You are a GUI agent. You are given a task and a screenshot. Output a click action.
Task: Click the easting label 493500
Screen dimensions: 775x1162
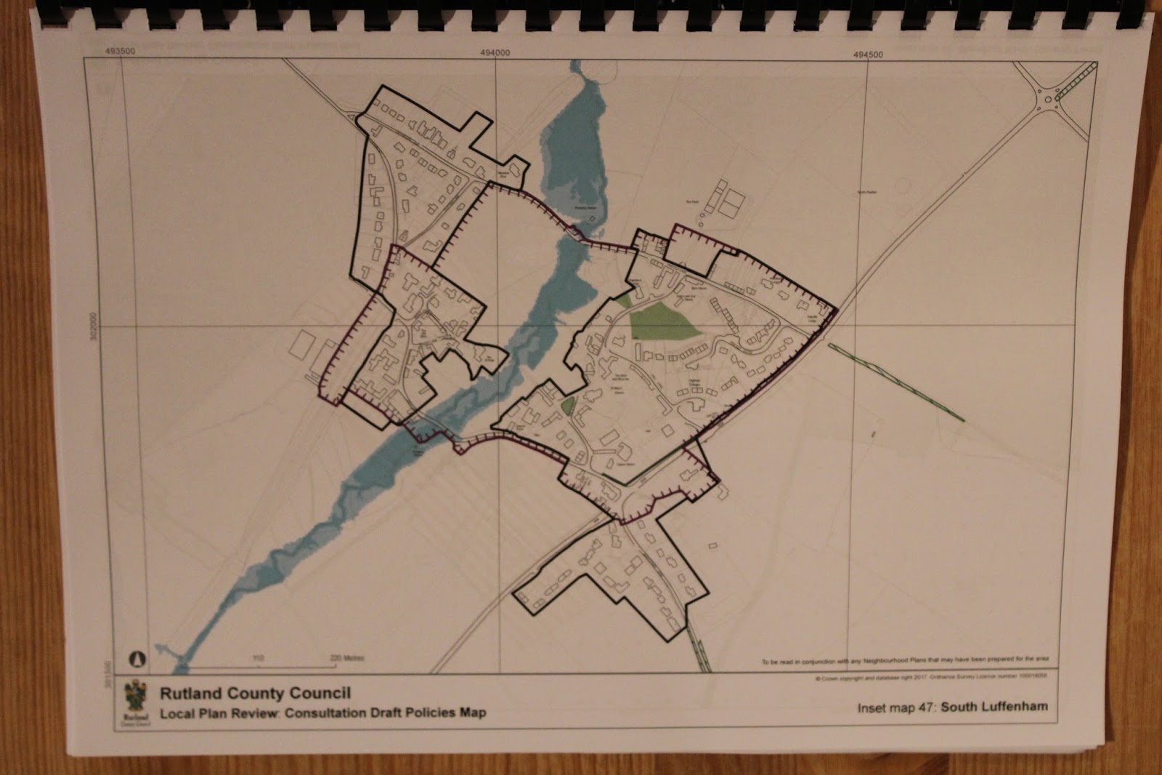[x=120, y=52]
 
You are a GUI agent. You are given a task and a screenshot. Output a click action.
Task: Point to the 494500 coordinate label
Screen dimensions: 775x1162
[x=869, y=55]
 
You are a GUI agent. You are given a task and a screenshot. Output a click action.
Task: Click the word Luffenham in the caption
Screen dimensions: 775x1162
[x=1014, y=707]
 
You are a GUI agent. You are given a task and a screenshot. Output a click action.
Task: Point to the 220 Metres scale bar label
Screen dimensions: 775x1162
[x=346, y=659]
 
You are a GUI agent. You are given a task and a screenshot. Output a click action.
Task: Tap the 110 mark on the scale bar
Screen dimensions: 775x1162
[x=258, y=659]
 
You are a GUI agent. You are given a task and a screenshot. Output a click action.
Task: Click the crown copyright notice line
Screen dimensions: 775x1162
[x=933, y=677]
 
